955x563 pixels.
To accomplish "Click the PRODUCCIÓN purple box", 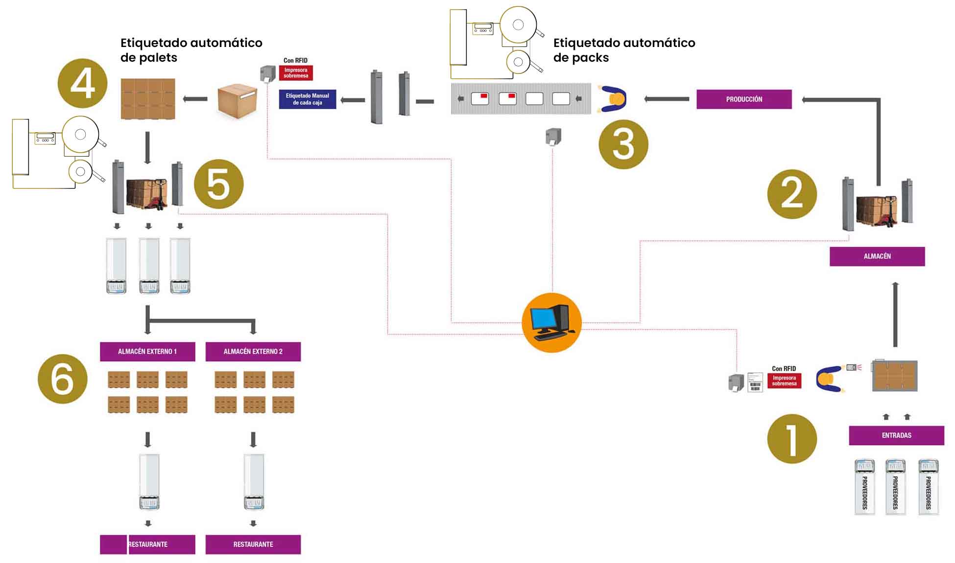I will coord(743,99).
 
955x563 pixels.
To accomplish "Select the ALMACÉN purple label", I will coord(877,256).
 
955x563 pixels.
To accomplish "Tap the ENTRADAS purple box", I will coord(896,435).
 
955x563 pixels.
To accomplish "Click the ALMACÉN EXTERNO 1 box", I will coord(147,352).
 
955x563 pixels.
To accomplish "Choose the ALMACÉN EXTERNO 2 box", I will coord(253,352).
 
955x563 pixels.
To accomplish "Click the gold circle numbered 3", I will coord(623,144).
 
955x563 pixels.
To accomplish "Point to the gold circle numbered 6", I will coord(62,379).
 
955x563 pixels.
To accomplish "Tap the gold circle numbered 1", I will coord(791,439).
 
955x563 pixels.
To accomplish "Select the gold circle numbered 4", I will coord(82,84).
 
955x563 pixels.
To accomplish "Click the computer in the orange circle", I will coord(551,323).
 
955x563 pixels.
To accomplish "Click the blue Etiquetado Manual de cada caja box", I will coord(307,99).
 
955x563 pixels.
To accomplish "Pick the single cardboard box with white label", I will coord(237,100).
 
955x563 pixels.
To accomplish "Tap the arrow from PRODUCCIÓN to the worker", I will coord(667,99).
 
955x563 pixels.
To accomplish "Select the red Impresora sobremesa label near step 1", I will coord(784,380).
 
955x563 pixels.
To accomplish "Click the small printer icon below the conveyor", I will coord(553,137).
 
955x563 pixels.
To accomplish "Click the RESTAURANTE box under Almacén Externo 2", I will coord(253,544).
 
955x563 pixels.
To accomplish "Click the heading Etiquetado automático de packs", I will coord(623,50).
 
